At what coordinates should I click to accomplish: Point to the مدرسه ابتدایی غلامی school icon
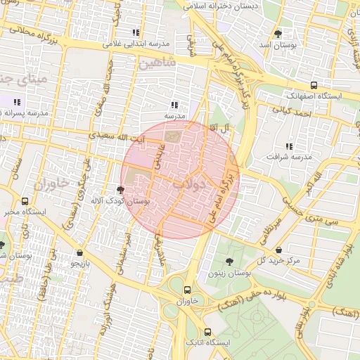point(136,32)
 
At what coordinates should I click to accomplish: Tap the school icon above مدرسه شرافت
point(288,146)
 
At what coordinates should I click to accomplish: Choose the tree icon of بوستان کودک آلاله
point(122,190)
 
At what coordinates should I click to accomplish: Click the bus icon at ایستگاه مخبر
point(26,201)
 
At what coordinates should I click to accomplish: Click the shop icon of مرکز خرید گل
point(280,250)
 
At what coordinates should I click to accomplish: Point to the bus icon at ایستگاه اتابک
point(207,332)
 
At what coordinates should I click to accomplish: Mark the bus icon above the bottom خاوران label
point(187,289)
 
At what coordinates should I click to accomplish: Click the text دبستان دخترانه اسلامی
point(221,6)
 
